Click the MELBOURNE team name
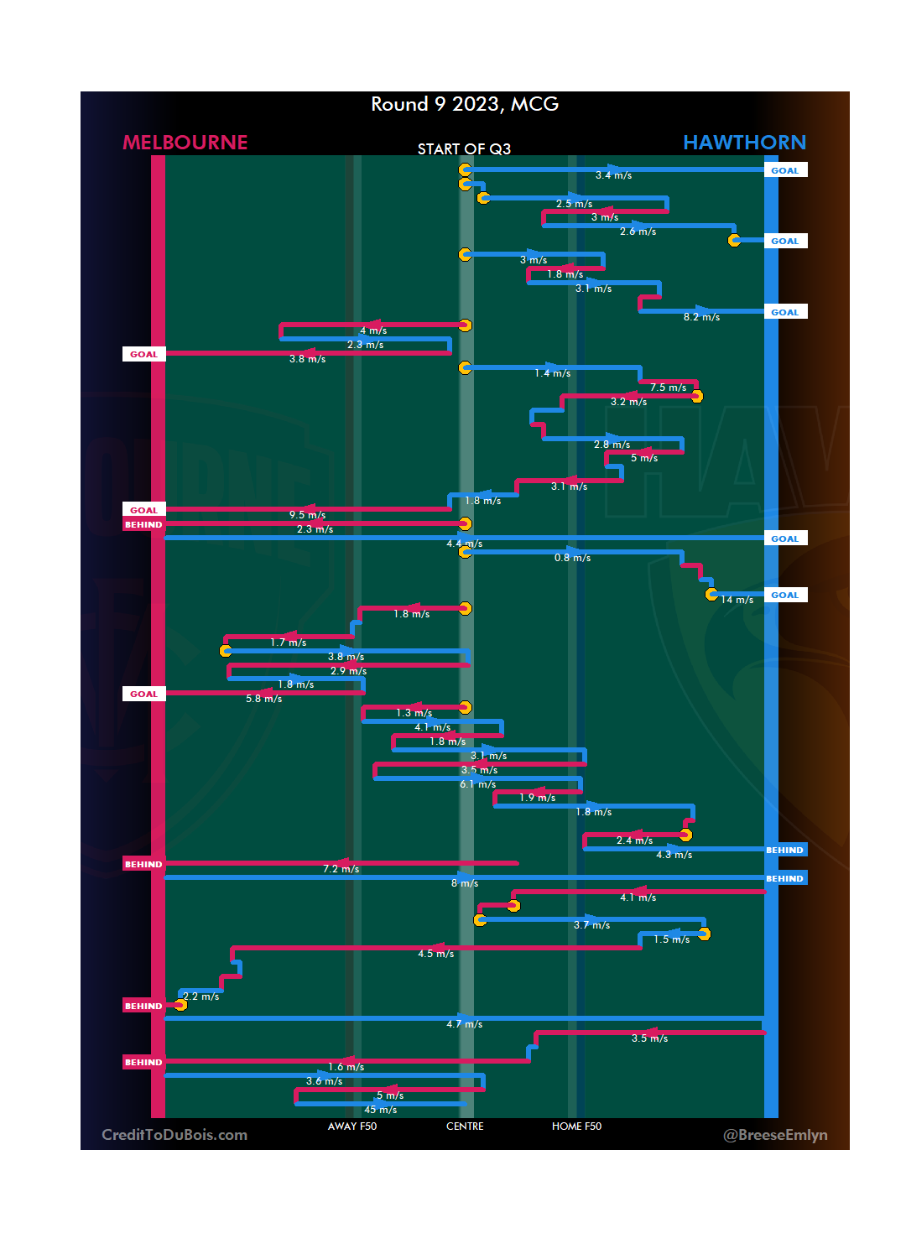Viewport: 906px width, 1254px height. click(185, 143)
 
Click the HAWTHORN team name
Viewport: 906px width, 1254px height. click(744, 143)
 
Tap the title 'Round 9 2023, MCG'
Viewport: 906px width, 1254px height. click(465, 104)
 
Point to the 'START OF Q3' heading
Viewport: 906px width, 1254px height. click(464, 149)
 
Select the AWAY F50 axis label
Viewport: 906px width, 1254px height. click(352, 1127)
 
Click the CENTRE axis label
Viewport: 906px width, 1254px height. click(465, 1127)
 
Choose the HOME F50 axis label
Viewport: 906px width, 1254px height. click(576, 1127)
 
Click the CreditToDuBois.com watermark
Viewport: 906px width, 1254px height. click(174, 1135)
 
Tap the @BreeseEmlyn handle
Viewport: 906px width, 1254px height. click(775, 1135)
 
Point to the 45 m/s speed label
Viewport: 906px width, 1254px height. click(381, 1110)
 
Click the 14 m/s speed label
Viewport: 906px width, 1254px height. click(737, 600)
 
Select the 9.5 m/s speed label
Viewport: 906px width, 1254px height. click(308, 515)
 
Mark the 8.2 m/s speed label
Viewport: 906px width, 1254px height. click(701, 317)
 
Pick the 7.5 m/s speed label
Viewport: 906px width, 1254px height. click(668, 388)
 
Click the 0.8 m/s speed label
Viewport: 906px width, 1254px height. click(572, 558)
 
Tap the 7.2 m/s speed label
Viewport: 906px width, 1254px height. click(341, 869)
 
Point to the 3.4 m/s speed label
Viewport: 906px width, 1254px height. click(613, 175)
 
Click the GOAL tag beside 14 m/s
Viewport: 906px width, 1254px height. click(785, 596)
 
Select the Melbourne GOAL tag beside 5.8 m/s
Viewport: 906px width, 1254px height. click(143, 695)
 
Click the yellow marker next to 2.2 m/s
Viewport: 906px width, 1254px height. click(180, 1005)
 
